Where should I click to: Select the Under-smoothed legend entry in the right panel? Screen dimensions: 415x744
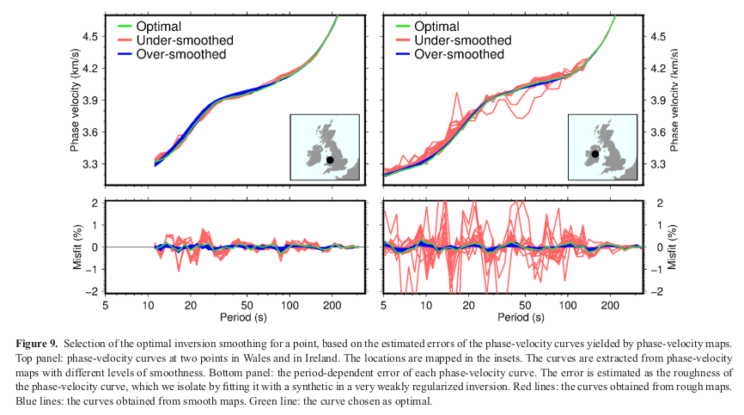pos(462,40)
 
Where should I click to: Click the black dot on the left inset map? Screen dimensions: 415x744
pos(330,160)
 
